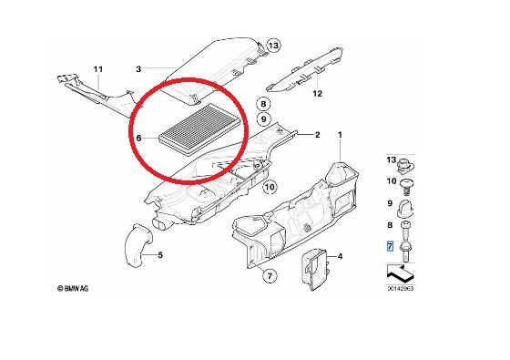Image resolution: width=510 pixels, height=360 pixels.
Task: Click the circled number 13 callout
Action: coord(273,46)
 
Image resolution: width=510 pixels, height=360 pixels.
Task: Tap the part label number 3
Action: coord(138,69)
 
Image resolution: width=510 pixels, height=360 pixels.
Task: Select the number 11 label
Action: coord(98,69)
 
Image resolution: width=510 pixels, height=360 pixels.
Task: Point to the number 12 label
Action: coord(317,94)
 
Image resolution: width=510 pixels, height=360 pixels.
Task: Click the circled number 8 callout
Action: coord(263,104)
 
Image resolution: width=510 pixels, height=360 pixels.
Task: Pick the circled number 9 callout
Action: coord(263,119)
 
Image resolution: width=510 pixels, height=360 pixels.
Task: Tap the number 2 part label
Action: coord(318,135)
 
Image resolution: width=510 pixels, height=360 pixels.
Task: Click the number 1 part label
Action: coord(341,135)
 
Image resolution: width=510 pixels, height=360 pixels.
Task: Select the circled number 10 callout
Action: coord(270,187)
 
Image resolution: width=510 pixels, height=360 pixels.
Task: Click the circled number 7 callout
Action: coord(270,276)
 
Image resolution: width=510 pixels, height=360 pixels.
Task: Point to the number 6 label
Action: coord(138,139)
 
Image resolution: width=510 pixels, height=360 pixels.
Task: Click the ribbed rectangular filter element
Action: coord(200,129)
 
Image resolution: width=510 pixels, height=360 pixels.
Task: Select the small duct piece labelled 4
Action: coord(315,269)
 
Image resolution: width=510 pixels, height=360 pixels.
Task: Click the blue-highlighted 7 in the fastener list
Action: coord(390,246)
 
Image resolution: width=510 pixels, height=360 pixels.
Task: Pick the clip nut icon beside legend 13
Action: coord(405,165)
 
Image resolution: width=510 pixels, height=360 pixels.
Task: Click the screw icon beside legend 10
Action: coord(406,187)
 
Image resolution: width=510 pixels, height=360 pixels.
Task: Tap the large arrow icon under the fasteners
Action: coord(401,273)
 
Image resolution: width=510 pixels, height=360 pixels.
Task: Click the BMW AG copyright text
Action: coord(73,288)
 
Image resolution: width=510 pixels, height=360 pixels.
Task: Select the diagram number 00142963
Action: coord(401,288)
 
